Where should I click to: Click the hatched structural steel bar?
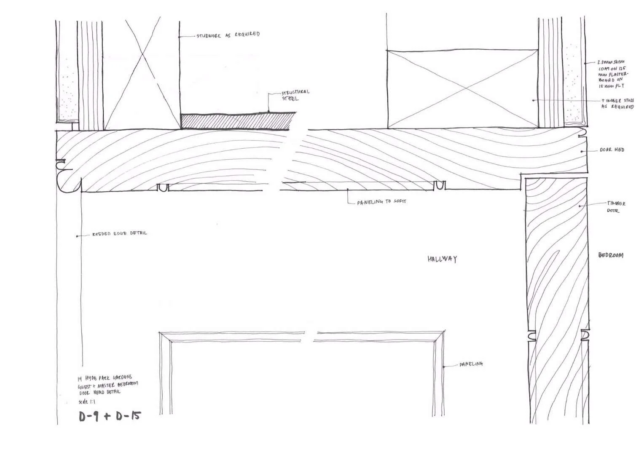click(236, 121)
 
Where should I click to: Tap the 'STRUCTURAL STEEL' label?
click(295, 95)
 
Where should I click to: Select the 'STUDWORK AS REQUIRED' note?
click(228, 35)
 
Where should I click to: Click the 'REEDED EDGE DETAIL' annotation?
click(120, 233)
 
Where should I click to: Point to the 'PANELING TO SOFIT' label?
click(382, 202)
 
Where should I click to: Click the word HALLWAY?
click(442, 259)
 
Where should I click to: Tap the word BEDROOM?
click(611, 255)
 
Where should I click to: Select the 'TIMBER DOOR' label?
click(616, 207)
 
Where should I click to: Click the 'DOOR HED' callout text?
click(612, 150)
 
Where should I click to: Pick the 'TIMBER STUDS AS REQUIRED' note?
click(617, 104)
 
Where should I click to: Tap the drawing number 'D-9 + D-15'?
click(110, 416)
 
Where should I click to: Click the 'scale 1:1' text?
click(87, 401)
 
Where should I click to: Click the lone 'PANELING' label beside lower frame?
click(471, 364)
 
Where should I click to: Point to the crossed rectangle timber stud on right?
click(462, 88)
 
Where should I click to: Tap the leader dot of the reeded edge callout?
click(77, 236)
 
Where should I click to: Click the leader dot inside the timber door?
click(580, 206)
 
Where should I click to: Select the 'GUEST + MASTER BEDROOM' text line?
click(108, 385)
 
